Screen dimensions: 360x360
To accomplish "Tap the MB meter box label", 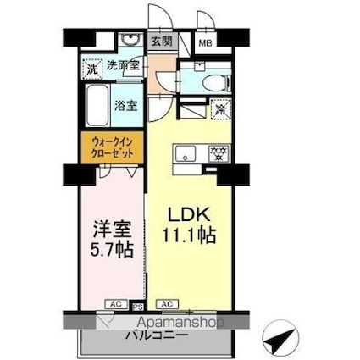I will (x=205, y=41).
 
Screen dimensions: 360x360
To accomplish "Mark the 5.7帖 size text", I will (x=110, y=251).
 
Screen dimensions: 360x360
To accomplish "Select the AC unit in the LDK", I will (x=167, y=302).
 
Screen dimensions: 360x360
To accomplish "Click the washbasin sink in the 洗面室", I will (x=130, y=40).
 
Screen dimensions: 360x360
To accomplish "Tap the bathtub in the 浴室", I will (x=97, y=105).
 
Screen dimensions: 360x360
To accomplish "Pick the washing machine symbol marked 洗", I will (x=91, y=66).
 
